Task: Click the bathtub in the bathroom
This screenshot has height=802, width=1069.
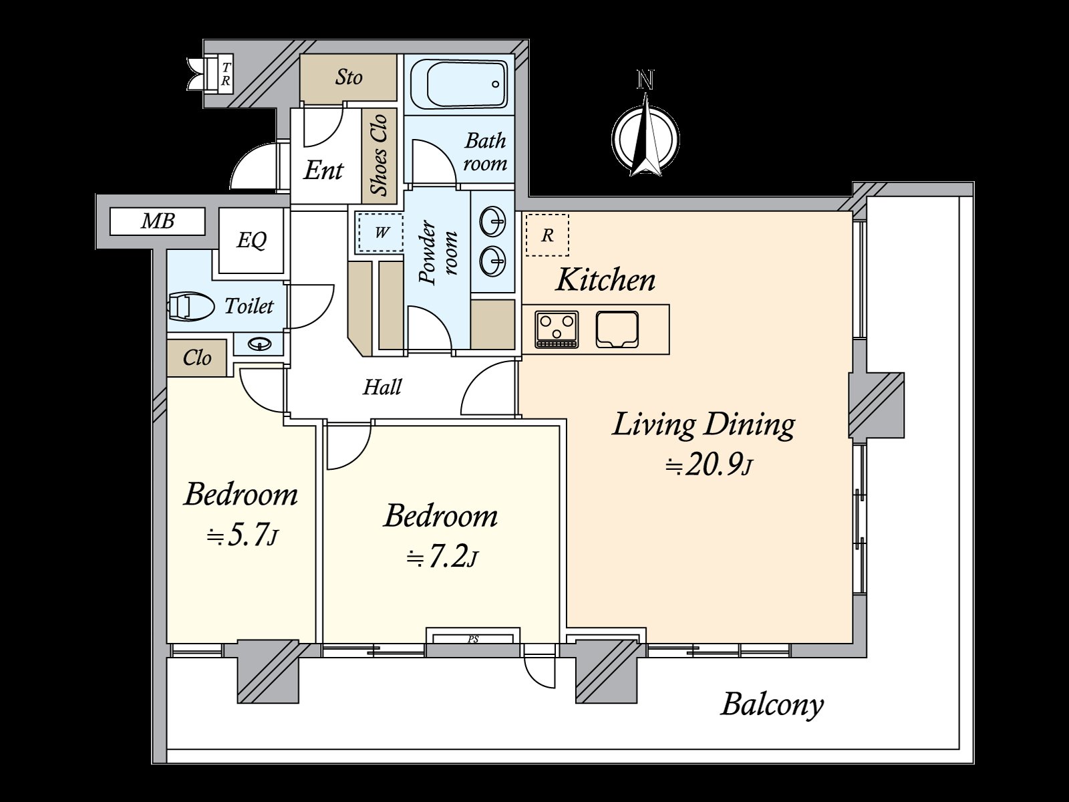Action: pos(459,86)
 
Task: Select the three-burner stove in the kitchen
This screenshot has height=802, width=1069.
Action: pos(557,329)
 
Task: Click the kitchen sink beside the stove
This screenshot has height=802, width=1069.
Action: pos(617,329)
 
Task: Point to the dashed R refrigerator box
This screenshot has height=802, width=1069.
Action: pos(547,235)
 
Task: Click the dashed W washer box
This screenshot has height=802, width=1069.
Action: pos(381,233)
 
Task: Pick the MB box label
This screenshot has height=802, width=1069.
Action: pos(157,222)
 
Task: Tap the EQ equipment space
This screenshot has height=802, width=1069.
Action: pos(251,241)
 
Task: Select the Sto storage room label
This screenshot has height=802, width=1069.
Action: pos(349,78)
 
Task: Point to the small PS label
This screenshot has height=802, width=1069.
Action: pos(473,640)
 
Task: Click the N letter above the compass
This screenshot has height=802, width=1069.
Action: pos(645,80)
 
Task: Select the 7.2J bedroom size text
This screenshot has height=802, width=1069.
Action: pos(442,557)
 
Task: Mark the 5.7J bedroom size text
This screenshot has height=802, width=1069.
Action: pos(242,535)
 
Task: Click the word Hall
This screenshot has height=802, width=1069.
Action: pos(382,388)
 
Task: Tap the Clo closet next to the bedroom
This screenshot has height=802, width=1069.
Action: pos(196,358)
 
